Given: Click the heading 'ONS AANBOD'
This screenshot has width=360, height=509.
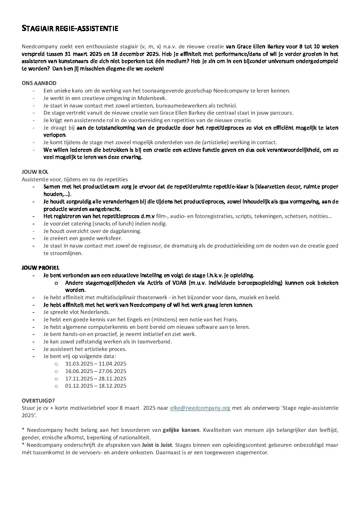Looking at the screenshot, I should tap(39, 83).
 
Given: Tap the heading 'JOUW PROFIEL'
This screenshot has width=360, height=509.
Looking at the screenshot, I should tap(40, 268).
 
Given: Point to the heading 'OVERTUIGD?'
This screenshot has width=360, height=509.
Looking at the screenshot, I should tap(38, 401).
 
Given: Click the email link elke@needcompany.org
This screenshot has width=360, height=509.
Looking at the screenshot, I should tap(200, 408).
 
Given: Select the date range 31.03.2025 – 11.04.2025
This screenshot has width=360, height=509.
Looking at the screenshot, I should tap(96, 364).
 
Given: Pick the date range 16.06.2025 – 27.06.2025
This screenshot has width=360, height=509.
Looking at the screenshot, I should tap(96, 371).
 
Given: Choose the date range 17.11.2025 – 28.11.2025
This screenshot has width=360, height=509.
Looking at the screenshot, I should tap(96, 378).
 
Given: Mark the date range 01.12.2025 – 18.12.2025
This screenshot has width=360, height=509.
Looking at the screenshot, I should tap(96, 386).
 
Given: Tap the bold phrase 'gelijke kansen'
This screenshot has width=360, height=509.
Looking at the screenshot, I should tap(181, 430).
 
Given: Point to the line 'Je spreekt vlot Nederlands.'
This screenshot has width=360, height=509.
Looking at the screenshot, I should tap(77, 312).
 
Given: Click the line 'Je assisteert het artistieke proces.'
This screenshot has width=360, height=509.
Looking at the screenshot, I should tap(85, 349).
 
